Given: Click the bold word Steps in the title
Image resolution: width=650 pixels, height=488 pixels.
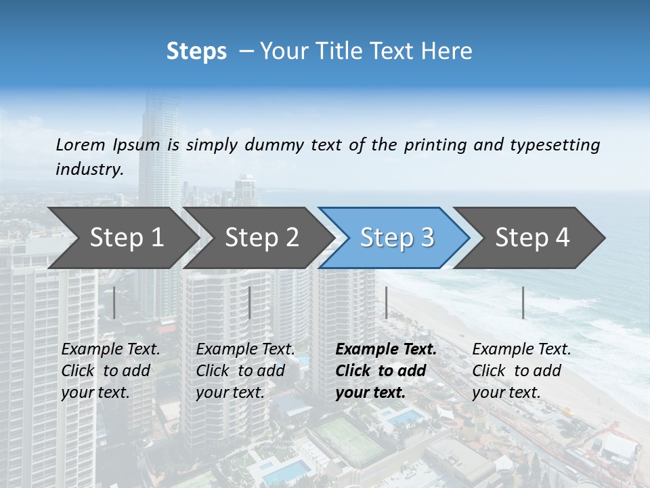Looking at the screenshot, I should click(x=196, y=52).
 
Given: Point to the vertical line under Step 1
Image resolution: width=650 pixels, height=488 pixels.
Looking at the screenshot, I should click(x=114, y=302).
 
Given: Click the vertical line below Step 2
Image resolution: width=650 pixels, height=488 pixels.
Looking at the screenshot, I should click(x=250, y=302).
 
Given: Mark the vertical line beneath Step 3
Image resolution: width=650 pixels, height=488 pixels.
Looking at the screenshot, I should click(x=387, y=302).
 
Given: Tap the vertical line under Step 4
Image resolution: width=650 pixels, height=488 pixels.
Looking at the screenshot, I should click(x=523, y=302).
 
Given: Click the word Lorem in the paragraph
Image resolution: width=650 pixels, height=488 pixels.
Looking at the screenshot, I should click(x=81, y=144).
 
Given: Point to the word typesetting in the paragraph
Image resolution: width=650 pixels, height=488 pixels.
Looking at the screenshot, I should click(x=555, y=144).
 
